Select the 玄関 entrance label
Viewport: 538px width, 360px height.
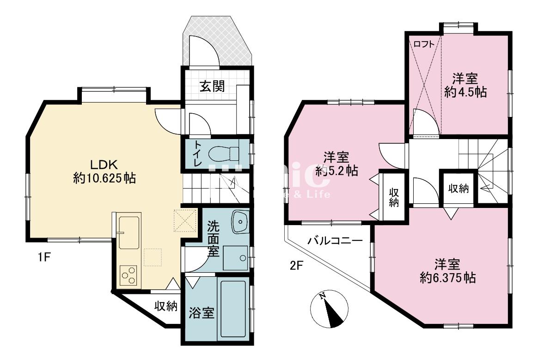(x=213, y=86)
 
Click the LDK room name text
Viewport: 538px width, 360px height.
(x=104, y=165)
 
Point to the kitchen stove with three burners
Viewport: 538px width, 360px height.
(x=129, y=275)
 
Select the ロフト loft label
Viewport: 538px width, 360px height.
(x=424, y=44)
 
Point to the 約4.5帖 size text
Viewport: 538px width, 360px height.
(x=465, y=92)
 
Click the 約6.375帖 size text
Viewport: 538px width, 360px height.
(x=448, y=278)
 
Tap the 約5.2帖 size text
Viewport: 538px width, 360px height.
(x=336, y=170)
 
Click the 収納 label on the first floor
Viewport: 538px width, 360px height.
(x=165, y=306)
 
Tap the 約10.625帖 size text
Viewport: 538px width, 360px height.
(x=104, y=178)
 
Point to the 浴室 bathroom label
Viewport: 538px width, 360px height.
(x=202, y=313)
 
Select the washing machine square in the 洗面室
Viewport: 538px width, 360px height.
(x=235, y=257)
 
